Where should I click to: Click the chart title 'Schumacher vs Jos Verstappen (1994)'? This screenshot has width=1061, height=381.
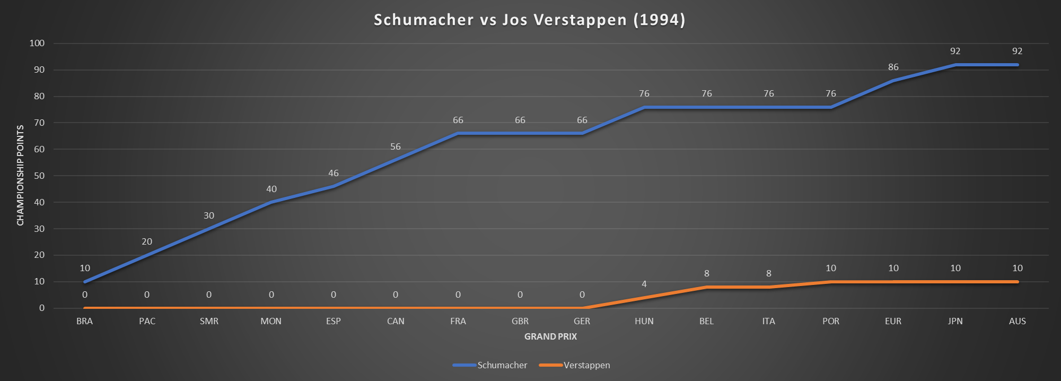click(529, 20)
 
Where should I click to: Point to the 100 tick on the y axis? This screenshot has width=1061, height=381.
click(37, 44)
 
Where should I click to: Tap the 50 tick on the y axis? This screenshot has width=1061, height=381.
click(39, 176)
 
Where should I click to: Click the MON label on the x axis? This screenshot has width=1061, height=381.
click(271, 321)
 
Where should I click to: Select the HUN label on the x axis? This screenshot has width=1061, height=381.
click(644, 321)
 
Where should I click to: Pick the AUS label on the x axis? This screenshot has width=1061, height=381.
click(1017, 321)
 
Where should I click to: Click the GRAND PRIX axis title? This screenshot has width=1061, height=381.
click(550, 336)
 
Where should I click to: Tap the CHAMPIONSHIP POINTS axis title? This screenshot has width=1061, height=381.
click(21, 175)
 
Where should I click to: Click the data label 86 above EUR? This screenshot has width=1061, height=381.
click(893, 67)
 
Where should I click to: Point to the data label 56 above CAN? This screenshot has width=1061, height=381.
click(396, 147)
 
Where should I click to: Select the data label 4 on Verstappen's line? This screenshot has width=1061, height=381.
click(644, 284)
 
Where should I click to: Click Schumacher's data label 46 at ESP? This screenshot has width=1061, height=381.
click(334, 174)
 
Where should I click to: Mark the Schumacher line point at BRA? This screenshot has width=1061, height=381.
click(85, 282)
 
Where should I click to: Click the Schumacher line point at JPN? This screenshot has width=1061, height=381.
click(955, 65)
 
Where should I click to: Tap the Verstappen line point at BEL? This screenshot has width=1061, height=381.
click(706, 287)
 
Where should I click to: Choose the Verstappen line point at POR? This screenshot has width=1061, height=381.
click(831, 282)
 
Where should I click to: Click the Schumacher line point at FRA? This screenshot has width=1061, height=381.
click(458, 134)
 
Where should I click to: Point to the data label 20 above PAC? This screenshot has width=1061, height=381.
click(147, 242)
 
